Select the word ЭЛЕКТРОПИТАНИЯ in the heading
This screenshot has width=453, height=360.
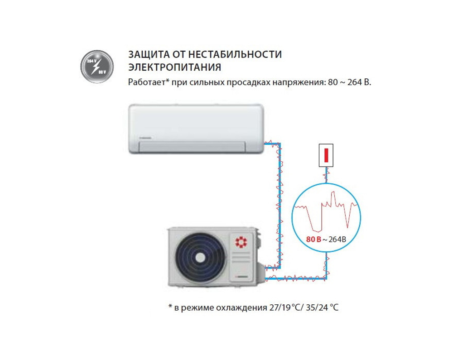[174, 67]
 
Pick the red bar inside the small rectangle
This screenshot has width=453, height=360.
[326, 155]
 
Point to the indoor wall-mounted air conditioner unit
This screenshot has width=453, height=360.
[195, 129]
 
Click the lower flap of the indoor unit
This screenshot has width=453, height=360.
[192, 146]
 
